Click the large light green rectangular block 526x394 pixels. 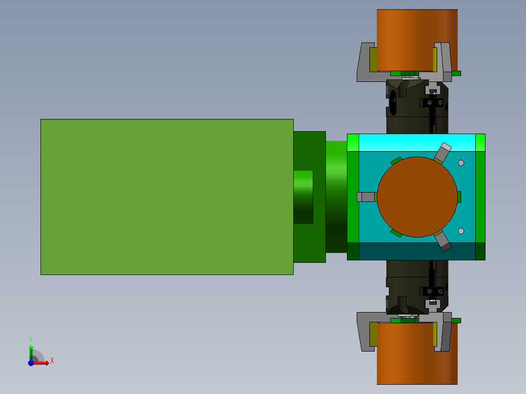pyautogui.click(x=167, y=197)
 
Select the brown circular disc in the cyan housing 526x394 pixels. pyautogui.click(x=417, y=197)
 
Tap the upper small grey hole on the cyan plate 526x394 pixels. pyautogui.click(x=461, y=163)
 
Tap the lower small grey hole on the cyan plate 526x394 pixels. pyautogui.click(x=461, y=231)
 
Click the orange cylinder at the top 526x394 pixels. pyautogui.click(x=417, y=40)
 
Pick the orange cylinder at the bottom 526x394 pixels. pyautogui.click(x=417, y=354)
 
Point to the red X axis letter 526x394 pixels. pyautogui.click(x=52, y=361)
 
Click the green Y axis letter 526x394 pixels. pyautogui.click(x=31, y=339)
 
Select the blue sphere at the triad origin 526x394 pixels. pyautogui.click(x=31, y=363)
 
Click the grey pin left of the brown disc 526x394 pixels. pyautogui.click(x=366, y=197)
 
